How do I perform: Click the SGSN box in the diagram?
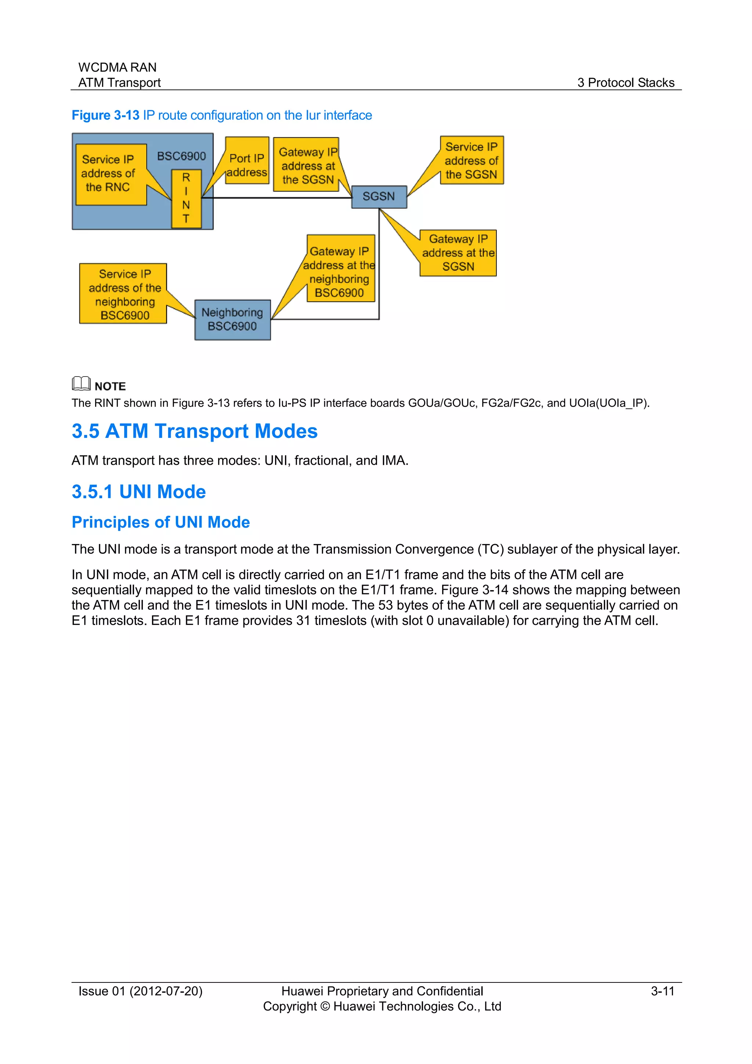pyautogui.click(x=379, y=197)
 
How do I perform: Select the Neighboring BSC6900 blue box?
pyautogui.click(x=232, y=320)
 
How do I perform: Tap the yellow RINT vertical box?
pyautogui.click(x=186, y=198)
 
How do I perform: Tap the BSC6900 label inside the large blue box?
pyautogui.click(x=181, y=156)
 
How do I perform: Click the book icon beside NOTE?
pyautogui.click(x=81, y=383)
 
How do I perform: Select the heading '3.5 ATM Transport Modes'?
pyautogui.click(x=195, y=431)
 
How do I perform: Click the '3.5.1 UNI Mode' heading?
pyautogui.click(x=138, y=492)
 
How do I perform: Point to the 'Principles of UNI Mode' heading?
pyautogui.click(x=161, y=522)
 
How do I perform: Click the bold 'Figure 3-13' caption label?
pyautogui.click(x=106, y=115)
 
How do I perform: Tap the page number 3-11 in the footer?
pyautogui.click(x=662, y=991)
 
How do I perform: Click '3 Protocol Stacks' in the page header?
pyautogui.click(x=626, y=83)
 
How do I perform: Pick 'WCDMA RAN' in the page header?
pyautogui.click(x=117, y=67)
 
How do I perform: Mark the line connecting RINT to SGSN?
pyautogui.click(x=278, y=198)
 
